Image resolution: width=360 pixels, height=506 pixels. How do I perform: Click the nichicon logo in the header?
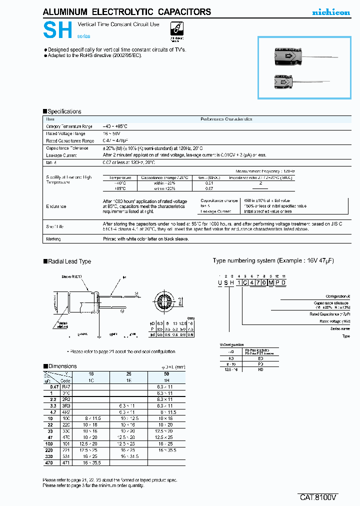(331, 12)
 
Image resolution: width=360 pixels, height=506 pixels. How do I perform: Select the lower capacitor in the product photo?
(283, 80)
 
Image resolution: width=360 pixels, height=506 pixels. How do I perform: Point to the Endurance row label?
(56, 206)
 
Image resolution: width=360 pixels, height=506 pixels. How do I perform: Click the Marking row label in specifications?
(53, 239)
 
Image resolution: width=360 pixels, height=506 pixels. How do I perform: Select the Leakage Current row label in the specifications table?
(61, 155)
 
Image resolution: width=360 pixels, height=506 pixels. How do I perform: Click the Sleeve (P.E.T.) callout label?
(71, 276)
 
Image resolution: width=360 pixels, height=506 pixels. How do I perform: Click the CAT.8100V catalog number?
(318, 497)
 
